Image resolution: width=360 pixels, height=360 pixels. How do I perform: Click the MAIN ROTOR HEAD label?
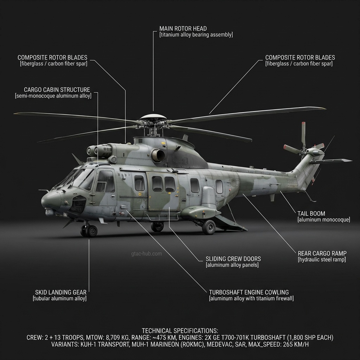(x=183, y=28)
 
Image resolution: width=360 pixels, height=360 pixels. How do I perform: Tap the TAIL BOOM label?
(x=311, y=213)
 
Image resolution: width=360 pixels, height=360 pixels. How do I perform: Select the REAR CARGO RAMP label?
(x=322, y=253)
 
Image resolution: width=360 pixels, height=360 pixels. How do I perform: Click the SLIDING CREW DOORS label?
(x=233, y=259)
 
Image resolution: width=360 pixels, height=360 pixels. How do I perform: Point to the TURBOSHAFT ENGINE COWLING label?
(x=249, y=292)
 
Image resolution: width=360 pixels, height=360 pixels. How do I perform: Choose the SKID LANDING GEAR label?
(x=60, y=292)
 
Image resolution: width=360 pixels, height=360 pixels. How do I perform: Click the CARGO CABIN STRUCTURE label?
(x=57, y=90)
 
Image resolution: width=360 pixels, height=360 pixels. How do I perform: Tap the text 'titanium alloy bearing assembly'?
(x=196, y=35)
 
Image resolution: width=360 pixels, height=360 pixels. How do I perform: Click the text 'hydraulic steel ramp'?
(x=322, y=260)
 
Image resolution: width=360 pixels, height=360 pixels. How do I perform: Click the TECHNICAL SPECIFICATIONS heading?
(x=180, y=331)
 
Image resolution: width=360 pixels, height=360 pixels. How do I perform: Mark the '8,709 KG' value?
(x=106, y=337)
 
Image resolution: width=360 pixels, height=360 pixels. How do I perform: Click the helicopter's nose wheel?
(x=92, y=231)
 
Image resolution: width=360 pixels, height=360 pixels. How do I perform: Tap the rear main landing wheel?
(x=209, y=227)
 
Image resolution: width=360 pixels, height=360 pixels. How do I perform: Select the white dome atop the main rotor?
(x=153, y=116)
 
